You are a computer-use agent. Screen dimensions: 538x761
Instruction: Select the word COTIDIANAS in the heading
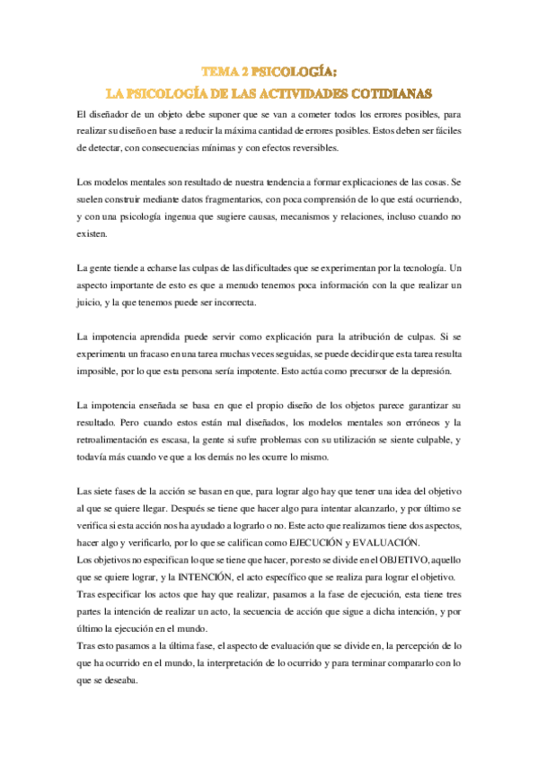[389, 92]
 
